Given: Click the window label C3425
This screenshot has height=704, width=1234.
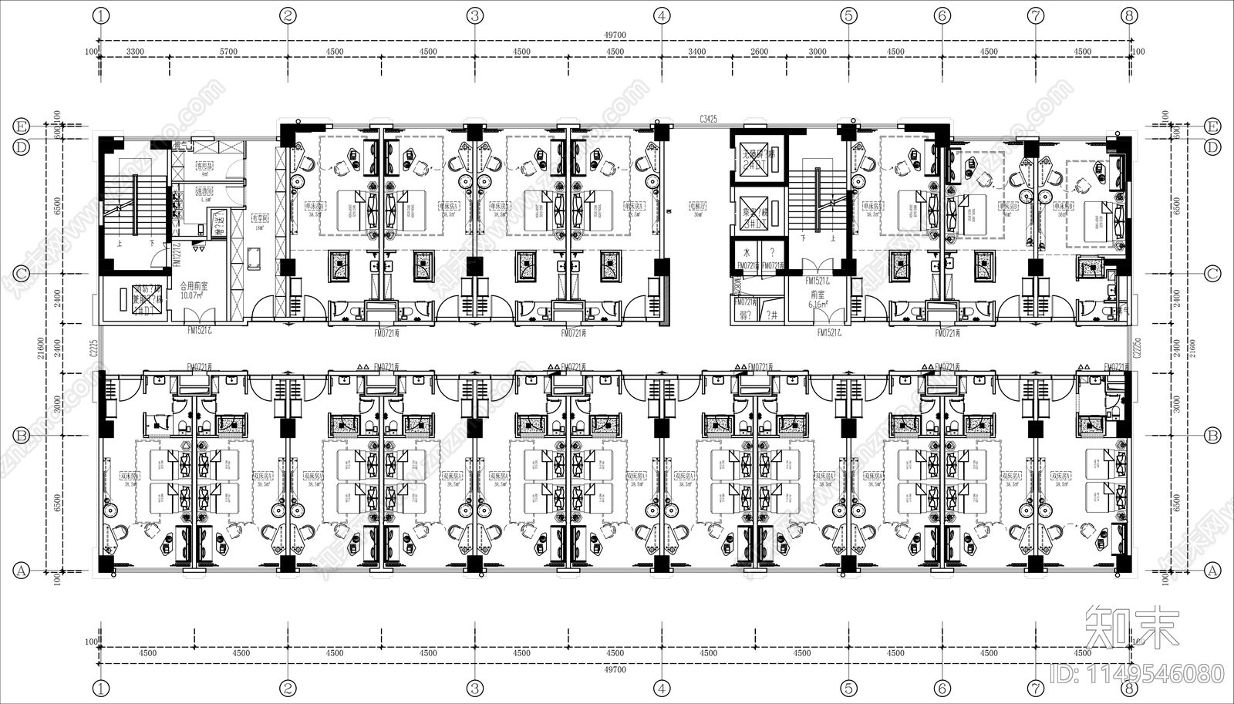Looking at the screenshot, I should point(709,119).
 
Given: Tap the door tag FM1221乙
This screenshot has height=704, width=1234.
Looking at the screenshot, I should point(176,251).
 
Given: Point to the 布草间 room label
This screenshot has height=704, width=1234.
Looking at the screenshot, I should point(260,218).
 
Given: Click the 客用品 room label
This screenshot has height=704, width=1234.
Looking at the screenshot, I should point(204,165).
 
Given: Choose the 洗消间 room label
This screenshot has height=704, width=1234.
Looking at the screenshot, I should point(204,190).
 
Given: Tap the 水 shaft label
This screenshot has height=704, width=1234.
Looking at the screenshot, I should point(747,252).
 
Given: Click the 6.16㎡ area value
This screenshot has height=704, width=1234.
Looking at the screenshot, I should point(818,305).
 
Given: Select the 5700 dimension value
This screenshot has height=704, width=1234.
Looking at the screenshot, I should point(228,52).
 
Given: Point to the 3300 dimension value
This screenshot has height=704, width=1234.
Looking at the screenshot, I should point(135,52).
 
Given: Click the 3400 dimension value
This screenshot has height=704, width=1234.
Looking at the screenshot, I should point(696,52).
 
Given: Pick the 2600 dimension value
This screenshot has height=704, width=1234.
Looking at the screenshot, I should point(759,52).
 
